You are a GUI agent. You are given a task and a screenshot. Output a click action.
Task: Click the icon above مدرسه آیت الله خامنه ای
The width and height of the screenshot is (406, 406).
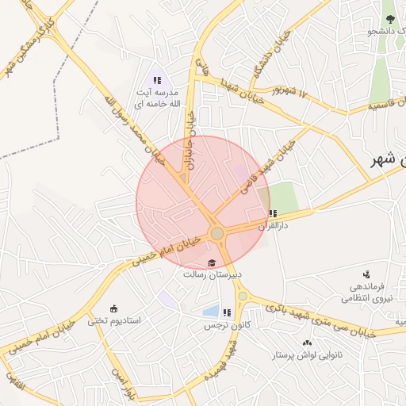coord(157,80)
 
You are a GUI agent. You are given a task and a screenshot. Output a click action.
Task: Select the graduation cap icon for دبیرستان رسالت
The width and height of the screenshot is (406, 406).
coord(212,263)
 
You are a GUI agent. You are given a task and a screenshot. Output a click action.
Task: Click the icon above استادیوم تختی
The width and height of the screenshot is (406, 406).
coord(113,308)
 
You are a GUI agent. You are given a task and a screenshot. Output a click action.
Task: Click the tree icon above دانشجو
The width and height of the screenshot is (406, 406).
coord(389,18)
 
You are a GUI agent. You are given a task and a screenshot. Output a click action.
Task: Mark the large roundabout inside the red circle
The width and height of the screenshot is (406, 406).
coord(216,233)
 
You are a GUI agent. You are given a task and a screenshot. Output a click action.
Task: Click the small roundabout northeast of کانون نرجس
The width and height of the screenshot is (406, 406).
coord(242,297)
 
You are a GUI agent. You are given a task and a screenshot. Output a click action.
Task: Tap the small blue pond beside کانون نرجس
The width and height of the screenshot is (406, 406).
coord(210,312)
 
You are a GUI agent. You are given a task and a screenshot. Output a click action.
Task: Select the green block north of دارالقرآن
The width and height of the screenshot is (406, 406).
coord(282,197)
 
